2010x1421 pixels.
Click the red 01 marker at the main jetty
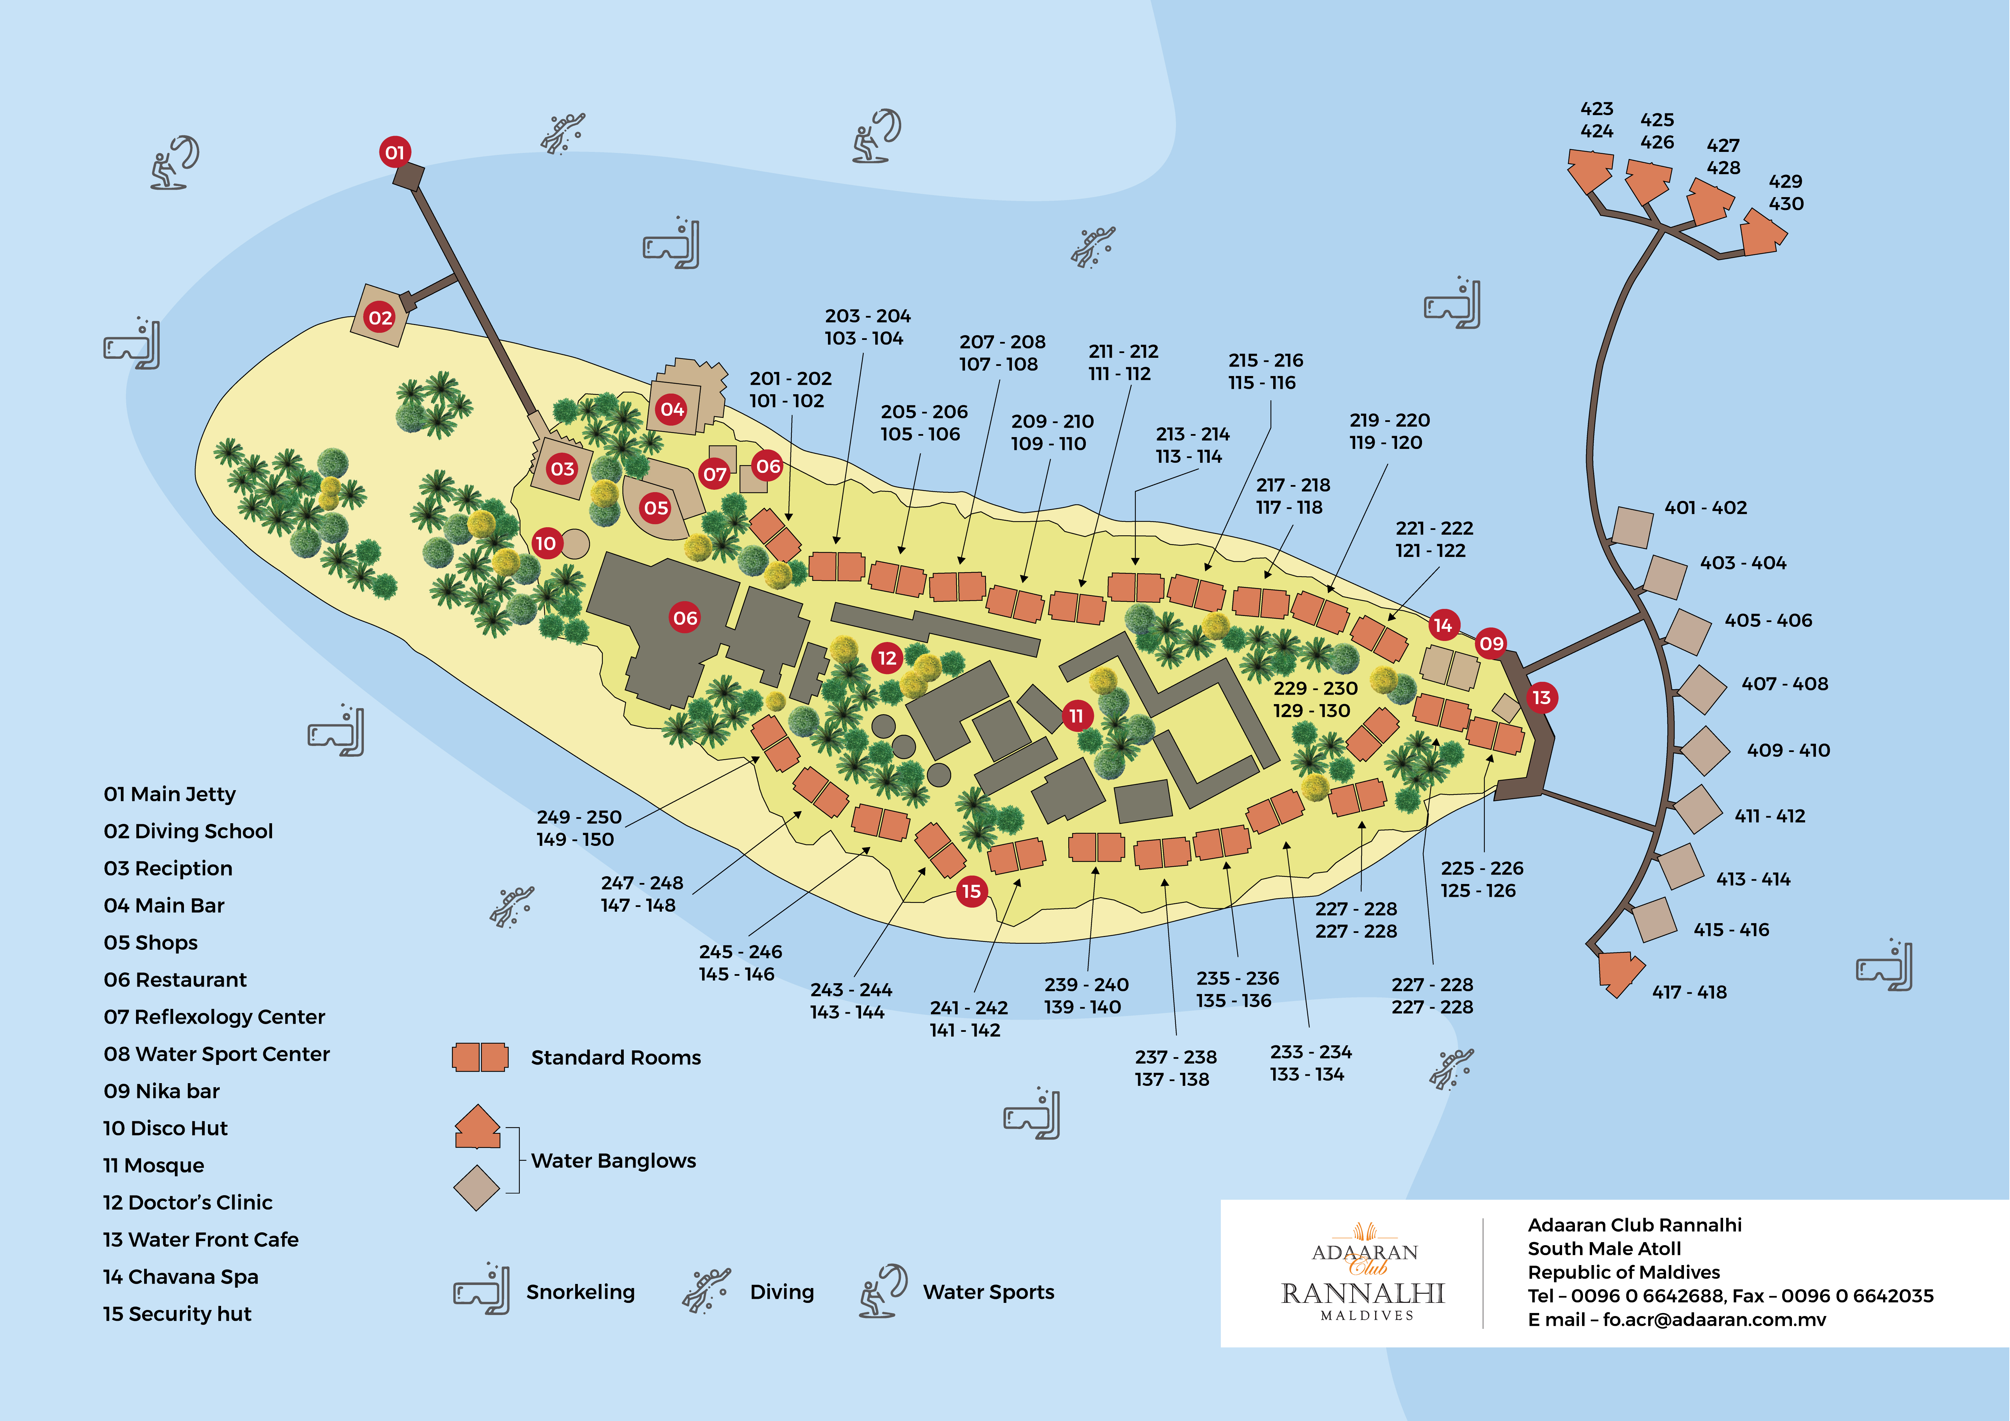(x=395, y=152)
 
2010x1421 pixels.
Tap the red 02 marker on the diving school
(x=380, y=317)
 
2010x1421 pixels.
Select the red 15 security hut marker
(x=971, y=891)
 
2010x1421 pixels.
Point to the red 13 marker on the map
(x=1541, y=698)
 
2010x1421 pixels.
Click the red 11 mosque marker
(x=1076, y=715)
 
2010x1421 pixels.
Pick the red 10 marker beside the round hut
(x=545, y=543)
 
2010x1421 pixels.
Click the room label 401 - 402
(x=1705, y=508)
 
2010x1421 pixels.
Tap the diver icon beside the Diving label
(x=705, y=1290)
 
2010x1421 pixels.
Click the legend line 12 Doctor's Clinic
(x=187, y=1202)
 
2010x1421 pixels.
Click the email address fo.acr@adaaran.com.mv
(x=1714, y=1319)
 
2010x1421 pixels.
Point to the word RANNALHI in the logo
(x=1362, y=1293)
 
